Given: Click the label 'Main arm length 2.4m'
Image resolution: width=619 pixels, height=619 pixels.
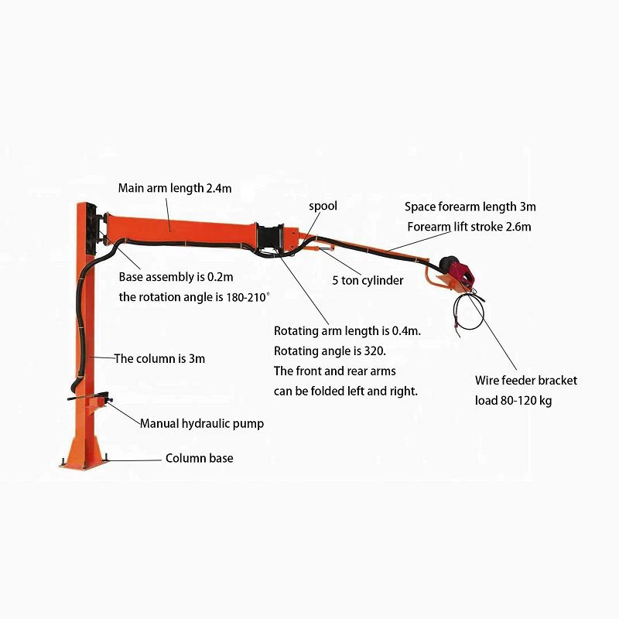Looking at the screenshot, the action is click(x=175, y=188).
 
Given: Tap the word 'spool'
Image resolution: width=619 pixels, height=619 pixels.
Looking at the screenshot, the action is click(x=323, y=206).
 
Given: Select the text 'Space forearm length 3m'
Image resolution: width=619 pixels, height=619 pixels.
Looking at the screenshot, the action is click(x=470, y=207).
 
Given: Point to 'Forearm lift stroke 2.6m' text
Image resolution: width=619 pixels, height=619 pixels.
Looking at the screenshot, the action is click(x=469, y=227).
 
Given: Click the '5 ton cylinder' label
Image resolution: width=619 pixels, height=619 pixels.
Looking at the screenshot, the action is click(x=368, y=280).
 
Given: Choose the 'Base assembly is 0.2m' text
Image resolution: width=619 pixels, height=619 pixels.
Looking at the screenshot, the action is click(x=176, y=277).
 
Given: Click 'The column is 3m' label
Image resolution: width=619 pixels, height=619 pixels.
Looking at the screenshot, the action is click(x=159, y=359).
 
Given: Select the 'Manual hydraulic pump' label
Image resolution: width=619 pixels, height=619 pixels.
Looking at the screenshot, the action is click(x=202, y=423).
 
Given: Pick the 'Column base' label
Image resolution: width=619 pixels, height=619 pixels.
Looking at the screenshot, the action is click(x=200, y=458).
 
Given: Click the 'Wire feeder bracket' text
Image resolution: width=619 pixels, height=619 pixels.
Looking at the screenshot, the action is click(x=526, y=381).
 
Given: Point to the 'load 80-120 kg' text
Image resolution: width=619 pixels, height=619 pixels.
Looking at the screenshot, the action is click(x=513, y=401).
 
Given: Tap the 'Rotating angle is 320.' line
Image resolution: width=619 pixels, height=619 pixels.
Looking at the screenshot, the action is click(x=330, y=351).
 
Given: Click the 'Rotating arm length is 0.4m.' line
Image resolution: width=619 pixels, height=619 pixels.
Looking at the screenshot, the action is click(x=347, y=331).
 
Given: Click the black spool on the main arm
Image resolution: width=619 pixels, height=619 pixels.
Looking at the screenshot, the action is click(x=270, y=238).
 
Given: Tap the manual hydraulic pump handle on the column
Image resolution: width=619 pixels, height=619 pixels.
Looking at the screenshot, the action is click(x=87, y=396).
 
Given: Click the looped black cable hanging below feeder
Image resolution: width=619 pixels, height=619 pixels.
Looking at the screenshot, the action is click(x=468, y=312).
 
